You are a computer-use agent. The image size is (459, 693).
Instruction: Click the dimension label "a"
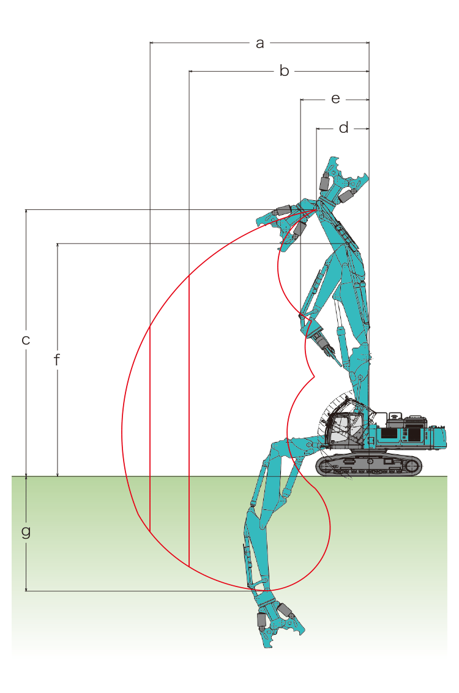259,43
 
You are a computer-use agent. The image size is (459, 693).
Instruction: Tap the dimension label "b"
284,71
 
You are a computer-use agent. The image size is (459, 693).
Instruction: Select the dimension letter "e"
336,99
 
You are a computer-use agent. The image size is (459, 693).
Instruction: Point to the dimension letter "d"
344,128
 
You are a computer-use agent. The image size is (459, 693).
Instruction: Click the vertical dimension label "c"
26,340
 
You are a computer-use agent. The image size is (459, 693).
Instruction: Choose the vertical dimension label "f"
57,360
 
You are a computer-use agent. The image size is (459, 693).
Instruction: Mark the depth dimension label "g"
26,531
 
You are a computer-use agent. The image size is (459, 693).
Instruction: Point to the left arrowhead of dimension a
152,43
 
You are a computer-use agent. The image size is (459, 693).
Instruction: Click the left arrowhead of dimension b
191,71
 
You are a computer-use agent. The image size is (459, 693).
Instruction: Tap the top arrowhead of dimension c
26,212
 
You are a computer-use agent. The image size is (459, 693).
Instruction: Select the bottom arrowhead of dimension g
26,589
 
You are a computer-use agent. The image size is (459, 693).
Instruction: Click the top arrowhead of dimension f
58,245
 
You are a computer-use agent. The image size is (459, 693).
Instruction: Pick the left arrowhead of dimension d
318,129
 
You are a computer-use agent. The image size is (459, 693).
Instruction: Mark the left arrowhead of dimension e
302,100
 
